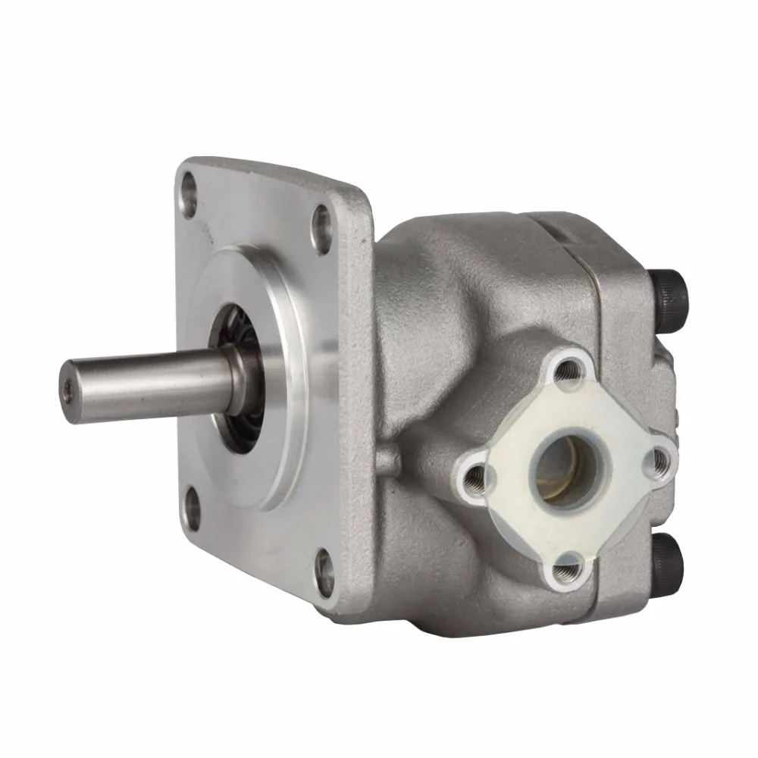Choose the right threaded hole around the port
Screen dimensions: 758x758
coord(657,459)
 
